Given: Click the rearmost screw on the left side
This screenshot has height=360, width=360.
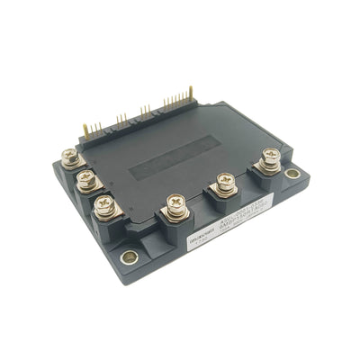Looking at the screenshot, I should tap(70, 158).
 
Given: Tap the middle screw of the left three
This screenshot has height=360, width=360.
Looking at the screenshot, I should tap(85, 178).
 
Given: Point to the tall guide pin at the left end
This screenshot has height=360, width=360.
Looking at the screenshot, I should tap(86, 131).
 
